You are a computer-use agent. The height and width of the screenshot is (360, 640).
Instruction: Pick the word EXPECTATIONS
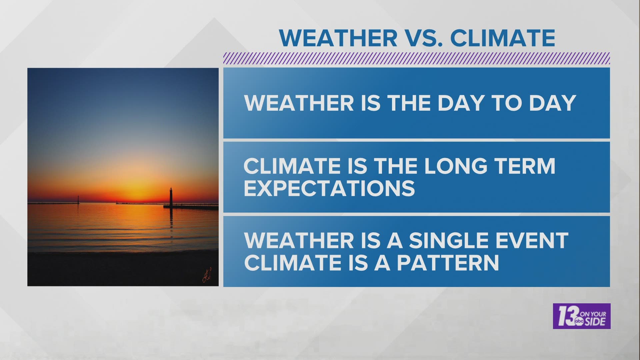(329, 188)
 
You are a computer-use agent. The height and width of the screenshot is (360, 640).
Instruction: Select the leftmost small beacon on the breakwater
(78, 199)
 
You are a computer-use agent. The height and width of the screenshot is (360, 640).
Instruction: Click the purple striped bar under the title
(417, 59)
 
